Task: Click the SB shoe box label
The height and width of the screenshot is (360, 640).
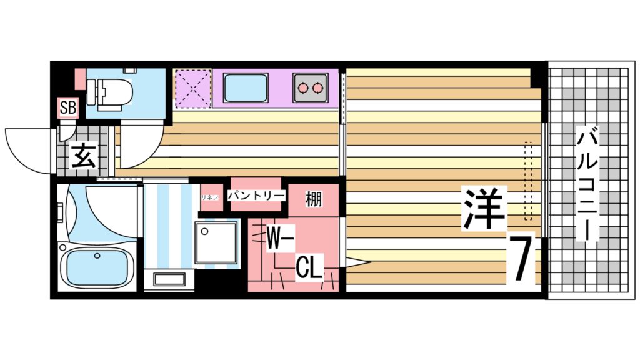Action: (67, 107)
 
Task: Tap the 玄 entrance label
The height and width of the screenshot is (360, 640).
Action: (83, 155)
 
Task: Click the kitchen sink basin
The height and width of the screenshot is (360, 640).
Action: (246, 88)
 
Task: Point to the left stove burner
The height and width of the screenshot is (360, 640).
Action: (303, 87)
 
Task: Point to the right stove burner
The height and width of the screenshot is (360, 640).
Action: (319, 87)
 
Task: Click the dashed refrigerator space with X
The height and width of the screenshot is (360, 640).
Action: (192, 88)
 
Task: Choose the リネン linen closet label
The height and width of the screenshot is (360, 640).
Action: (209, 197)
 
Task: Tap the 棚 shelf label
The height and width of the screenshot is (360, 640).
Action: (314, 199)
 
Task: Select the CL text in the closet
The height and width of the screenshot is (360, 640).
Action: (309, 269)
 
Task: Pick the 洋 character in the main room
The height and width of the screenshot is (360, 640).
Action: (483, 209)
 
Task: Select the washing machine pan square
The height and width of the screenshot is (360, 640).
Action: (216, 243)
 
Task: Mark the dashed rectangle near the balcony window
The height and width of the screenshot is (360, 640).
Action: (529, 182)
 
